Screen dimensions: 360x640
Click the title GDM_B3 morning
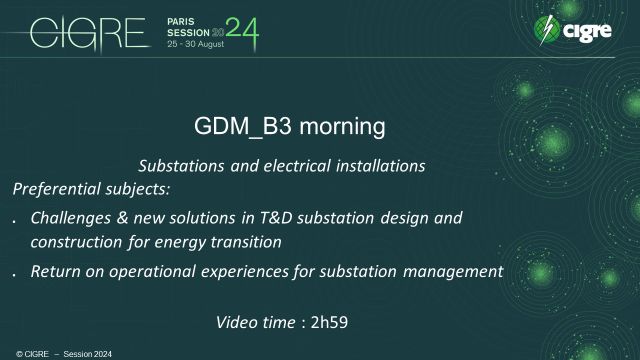point(288,128)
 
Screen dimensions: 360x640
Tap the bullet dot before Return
point(14,274)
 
